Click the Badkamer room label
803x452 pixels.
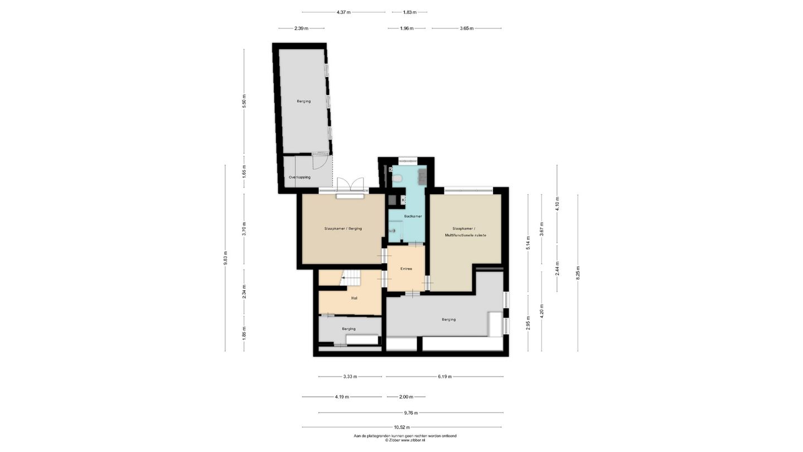[x=413, y=217]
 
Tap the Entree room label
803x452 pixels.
[x=406, y=269]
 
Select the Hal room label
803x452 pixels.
[x=354, y=298]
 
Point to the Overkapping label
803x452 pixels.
[x=299, y=177]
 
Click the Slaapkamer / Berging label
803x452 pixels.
[x=343, y=229]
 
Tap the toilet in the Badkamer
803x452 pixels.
[x=397, y=178]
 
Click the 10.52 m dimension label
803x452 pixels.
[x=401, y=427]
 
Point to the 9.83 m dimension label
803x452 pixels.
[x=225, y=258]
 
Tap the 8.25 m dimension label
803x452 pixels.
[x=578, y=273]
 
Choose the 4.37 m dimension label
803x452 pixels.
[x=344, y=12]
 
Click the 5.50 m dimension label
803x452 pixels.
[x=244, y=102]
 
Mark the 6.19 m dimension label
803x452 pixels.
[x=444, y=377]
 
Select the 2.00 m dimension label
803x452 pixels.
[x=406, y=397]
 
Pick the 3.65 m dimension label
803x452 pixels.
[x=466, y=28]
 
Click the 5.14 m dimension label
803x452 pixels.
[x=528, y=243]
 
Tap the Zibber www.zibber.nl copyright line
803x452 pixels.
[x=405, y=440]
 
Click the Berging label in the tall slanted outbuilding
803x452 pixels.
[x=303, y=101]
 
